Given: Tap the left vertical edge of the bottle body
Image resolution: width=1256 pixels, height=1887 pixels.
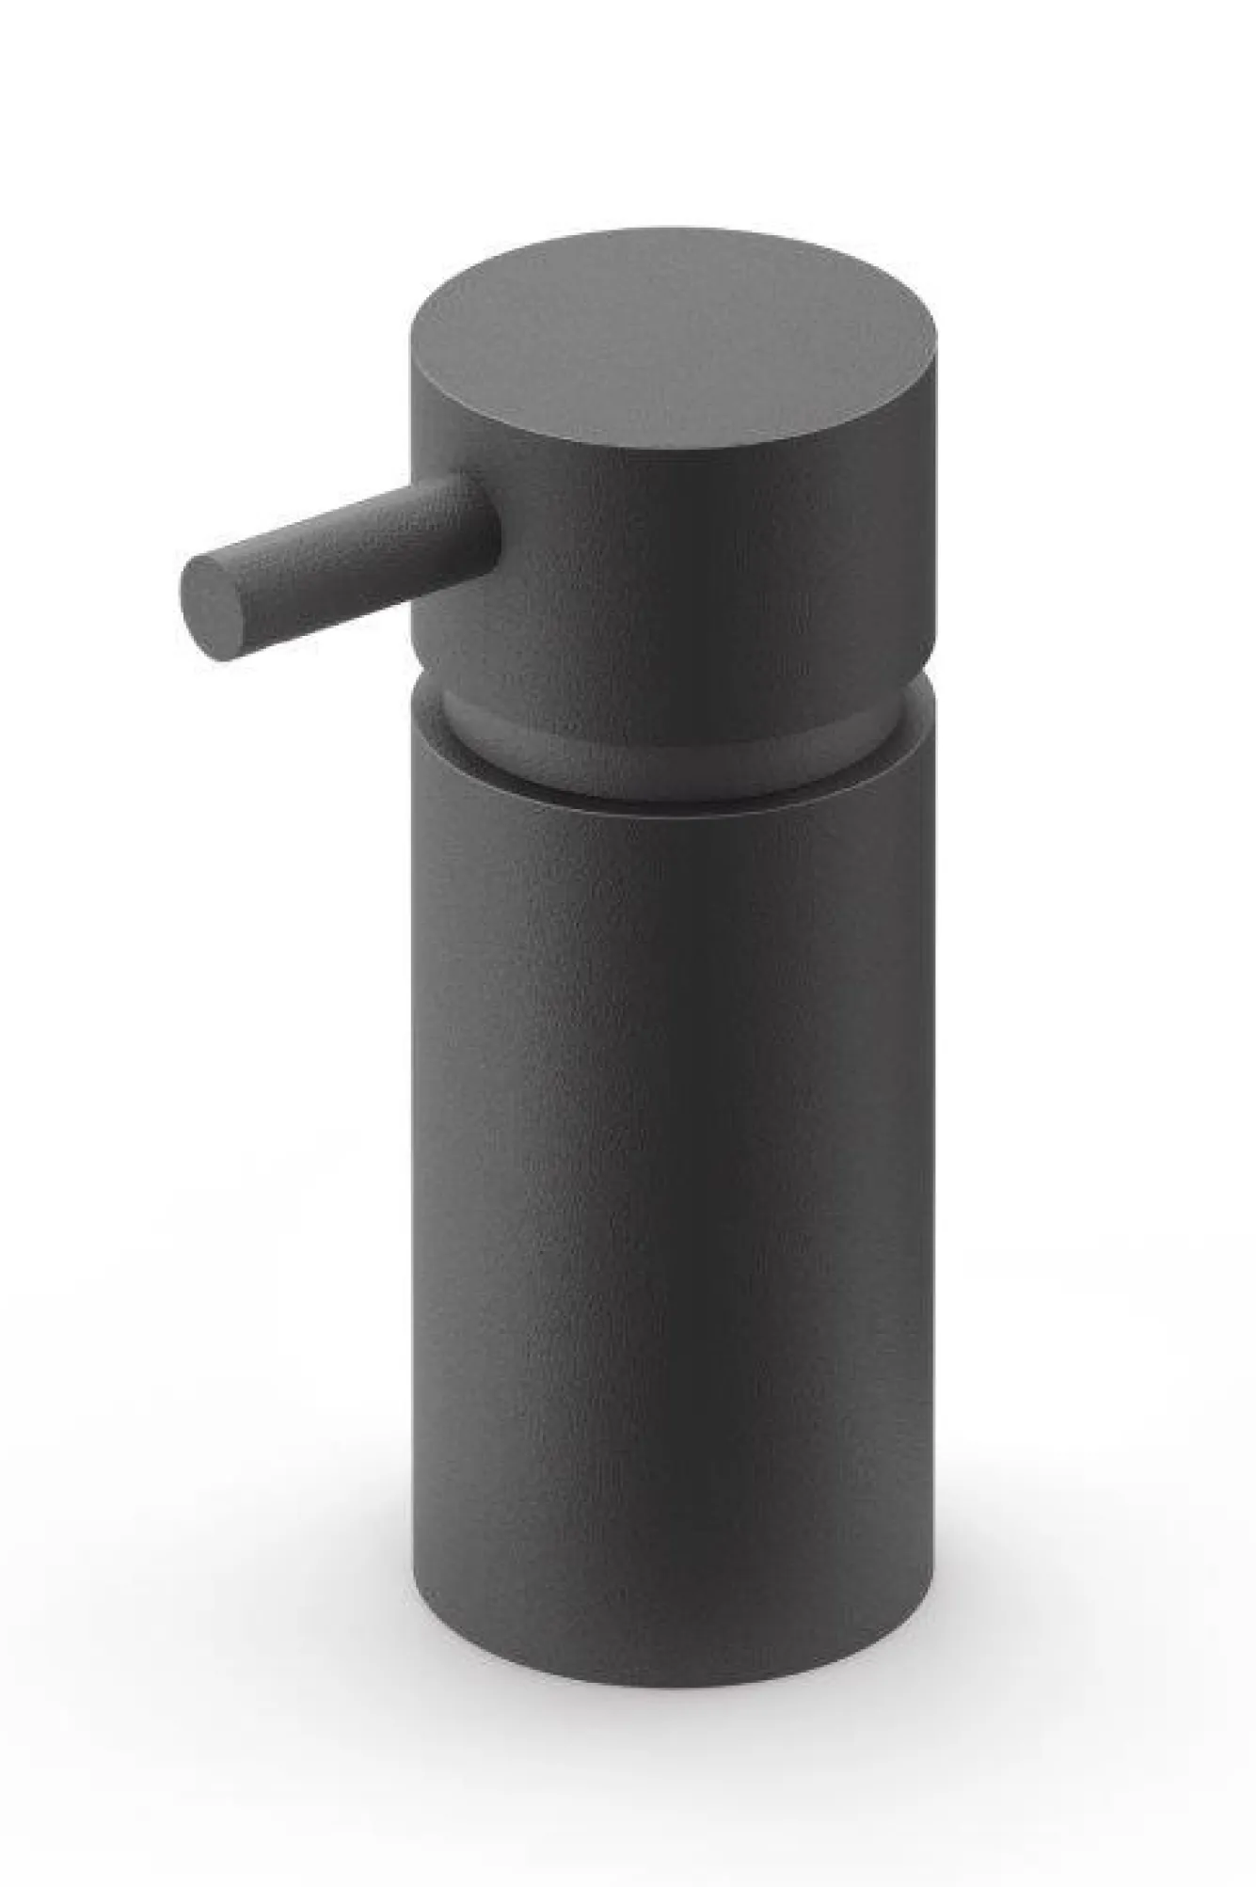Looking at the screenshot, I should (420, 1176).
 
